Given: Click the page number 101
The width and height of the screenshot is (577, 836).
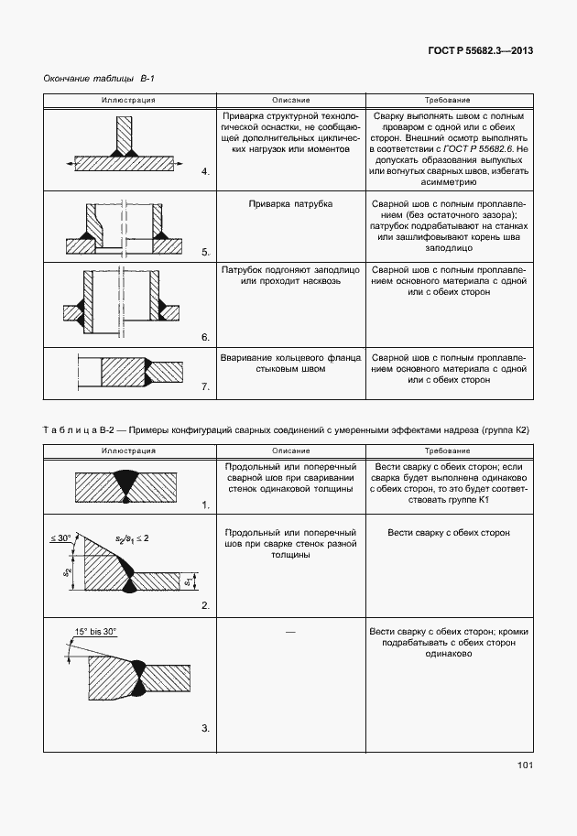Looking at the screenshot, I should tap(524, 765).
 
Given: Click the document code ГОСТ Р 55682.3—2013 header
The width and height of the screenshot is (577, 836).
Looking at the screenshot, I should tap(481, 50).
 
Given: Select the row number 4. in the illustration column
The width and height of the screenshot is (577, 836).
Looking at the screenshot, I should tap(205, 171).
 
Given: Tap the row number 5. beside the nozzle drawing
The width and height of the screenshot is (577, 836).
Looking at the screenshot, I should tap(205, 252).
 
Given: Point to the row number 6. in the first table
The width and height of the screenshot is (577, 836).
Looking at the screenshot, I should tap(205, 338).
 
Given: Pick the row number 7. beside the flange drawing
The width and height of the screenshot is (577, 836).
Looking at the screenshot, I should tap(205, 388).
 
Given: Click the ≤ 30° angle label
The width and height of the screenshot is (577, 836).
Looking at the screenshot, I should tap(61, 539).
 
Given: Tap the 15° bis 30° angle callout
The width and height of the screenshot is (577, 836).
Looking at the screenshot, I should tap(96, 632).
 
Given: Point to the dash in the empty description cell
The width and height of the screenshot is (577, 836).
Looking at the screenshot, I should tap(290, 632).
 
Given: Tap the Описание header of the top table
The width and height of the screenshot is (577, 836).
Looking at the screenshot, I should tap(290, 99).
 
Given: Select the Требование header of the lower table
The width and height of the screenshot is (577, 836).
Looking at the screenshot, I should tap(448, 451).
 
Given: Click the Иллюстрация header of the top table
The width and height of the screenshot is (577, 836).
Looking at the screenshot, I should tap(128, 99).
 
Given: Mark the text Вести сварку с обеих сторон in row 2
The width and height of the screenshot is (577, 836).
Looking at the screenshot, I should tap(448, 532).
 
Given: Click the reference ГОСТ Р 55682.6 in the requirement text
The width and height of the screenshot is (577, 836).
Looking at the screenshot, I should tap(478, 147).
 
